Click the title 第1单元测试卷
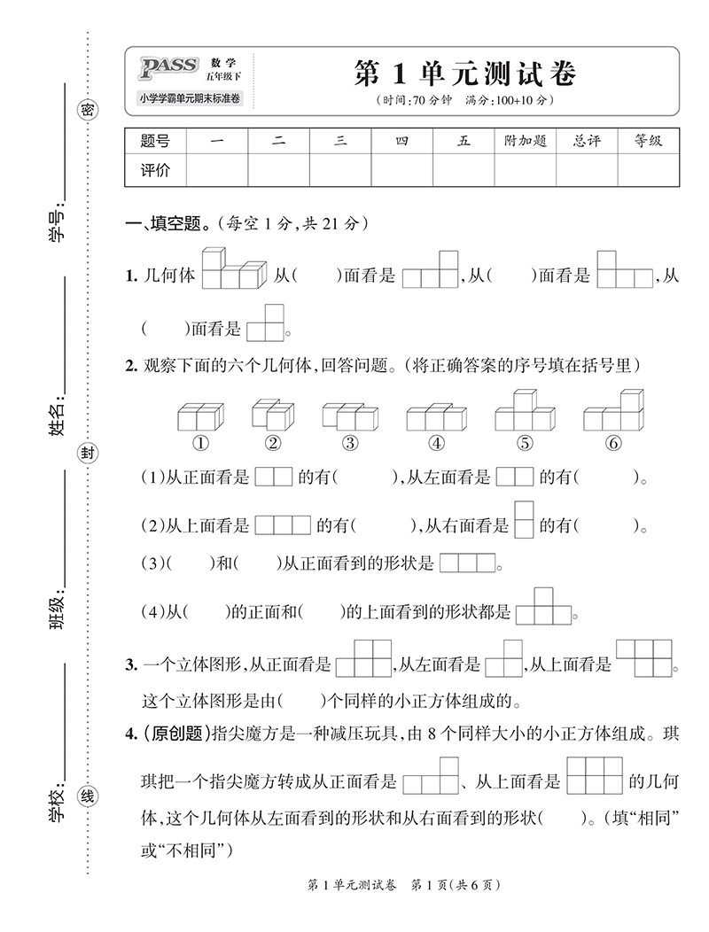[464, 74]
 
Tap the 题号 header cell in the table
[155, 141]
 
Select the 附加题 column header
[525, 141]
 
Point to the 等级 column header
[648, 141]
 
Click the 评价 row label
[155, 170]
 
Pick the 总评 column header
[587, 141]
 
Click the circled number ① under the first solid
[201, 443]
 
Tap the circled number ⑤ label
[525, 443]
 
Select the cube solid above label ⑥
[613, 411]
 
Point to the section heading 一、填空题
[168, 225]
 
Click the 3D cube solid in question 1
[234, 269]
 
